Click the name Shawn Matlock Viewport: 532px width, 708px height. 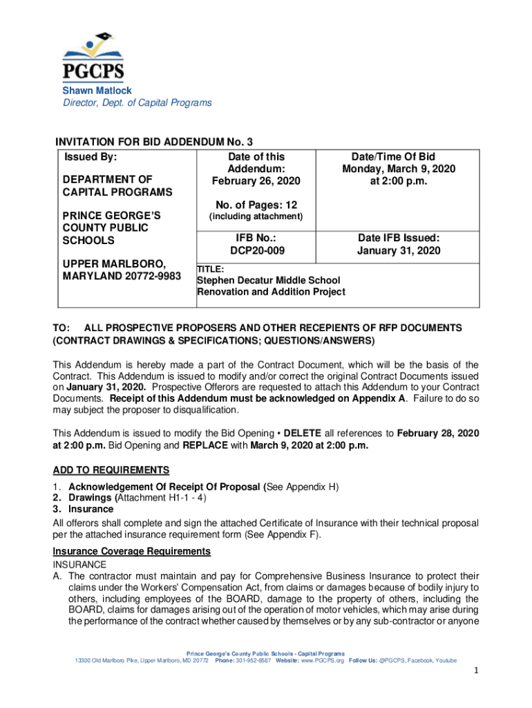tap(97, 91)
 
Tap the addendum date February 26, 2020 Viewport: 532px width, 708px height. tap(256, 182)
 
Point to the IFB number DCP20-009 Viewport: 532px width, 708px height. tap(256, 250)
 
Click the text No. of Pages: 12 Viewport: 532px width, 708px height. tap(256, 204)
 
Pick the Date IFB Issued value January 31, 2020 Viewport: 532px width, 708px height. tap(399, 250)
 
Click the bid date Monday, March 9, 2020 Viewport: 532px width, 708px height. tap(399, 169)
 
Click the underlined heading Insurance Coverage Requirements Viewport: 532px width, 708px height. tap(132, 551)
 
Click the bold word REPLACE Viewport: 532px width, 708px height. tap(201, 445)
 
